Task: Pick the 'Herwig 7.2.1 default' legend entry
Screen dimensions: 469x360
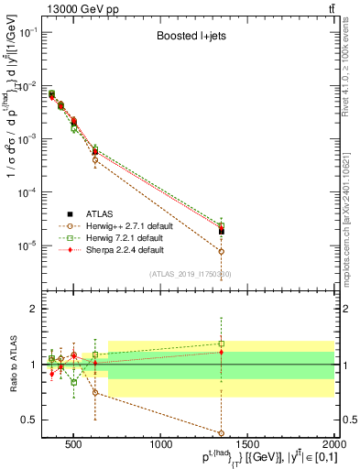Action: [x=119, y=237]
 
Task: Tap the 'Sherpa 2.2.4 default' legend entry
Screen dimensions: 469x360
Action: [x=119, y=249]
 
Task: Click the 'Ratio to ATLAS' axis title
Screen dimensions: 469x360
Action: [x=12, y=365]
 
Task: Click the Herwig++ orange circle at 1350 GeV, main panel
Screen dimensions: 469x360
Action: [x=222, y=251]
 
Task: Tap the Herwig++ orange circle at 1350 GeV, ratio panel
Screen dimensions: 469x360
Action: [x=222, y=432]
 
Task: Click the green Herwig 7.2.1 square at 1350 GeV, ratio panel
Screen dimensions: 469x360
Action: [x=222, y=344]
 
